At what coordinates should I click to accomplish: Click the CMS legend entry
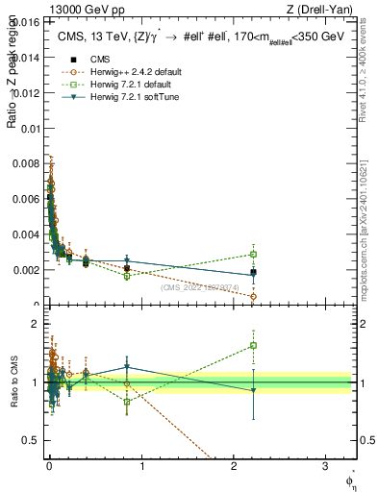pyautogui.click(x=101, y=60)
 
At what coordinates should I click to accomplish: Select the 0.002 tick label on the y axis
pyautogui.click(x=29, y=270)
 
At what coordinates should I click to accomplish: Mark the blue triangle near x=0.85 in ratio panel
pyautogui.click(x=127, y=366)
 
